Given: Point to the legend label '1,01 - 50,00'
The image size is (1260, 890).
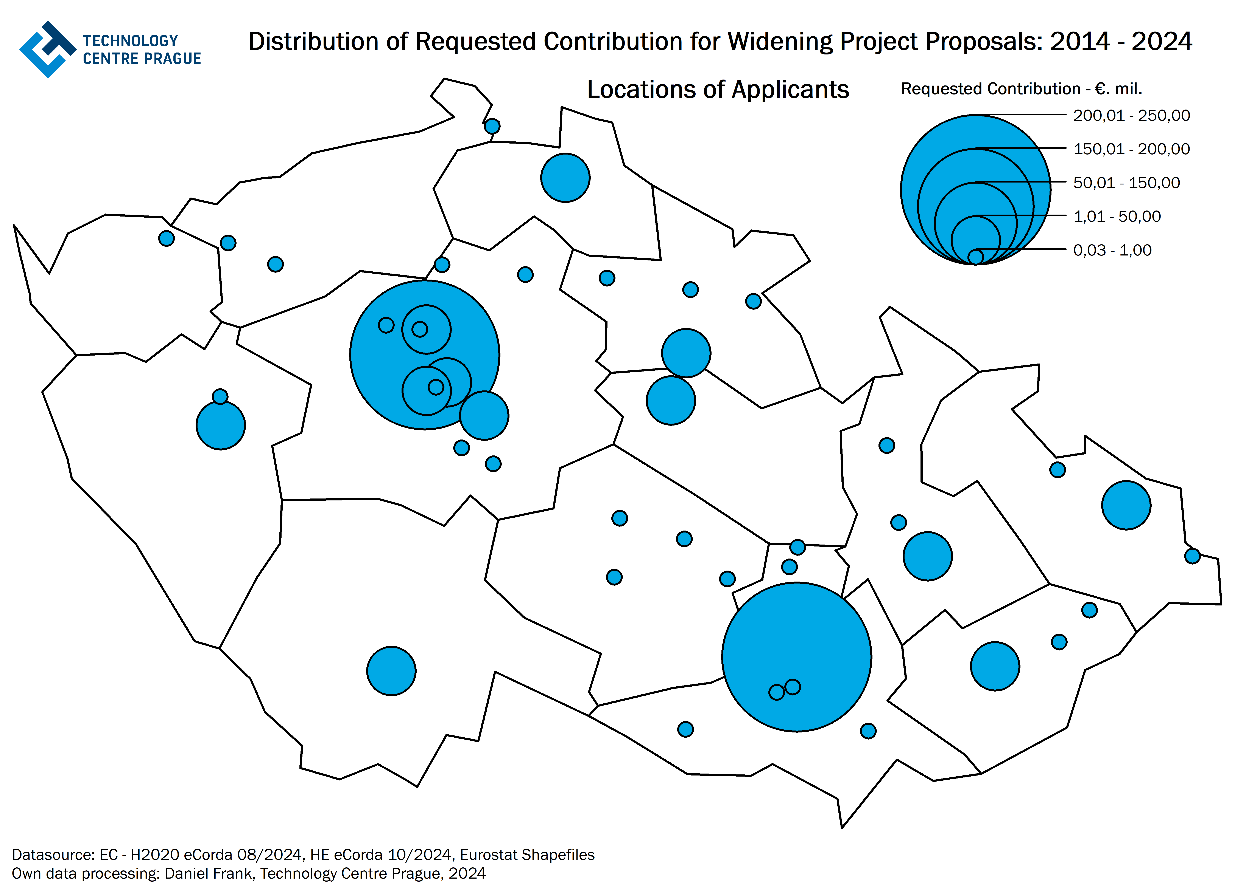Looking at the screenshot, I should pos(1117,217).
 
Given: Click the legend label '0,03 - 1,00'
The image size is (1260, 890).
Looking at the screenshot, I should pos(1112,251).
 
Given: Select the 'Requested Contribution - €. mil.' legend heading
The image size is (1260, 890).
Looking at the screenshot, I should pos(1021,89).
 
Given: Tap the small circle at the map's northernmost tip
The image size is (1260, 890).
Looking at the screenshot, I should pos(492,126).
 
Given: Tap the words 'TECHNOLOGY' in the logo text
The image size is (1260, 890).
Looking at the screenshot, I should pos(131,41).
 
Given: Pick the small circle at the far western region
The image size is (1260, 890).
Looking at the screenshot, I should pos(166,238).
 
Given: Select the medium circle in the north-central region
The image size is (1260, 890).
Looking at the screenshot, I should pos(565,178).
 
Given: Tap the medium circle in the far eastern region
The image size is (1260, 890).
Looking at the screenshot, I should pos(1126,505).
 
